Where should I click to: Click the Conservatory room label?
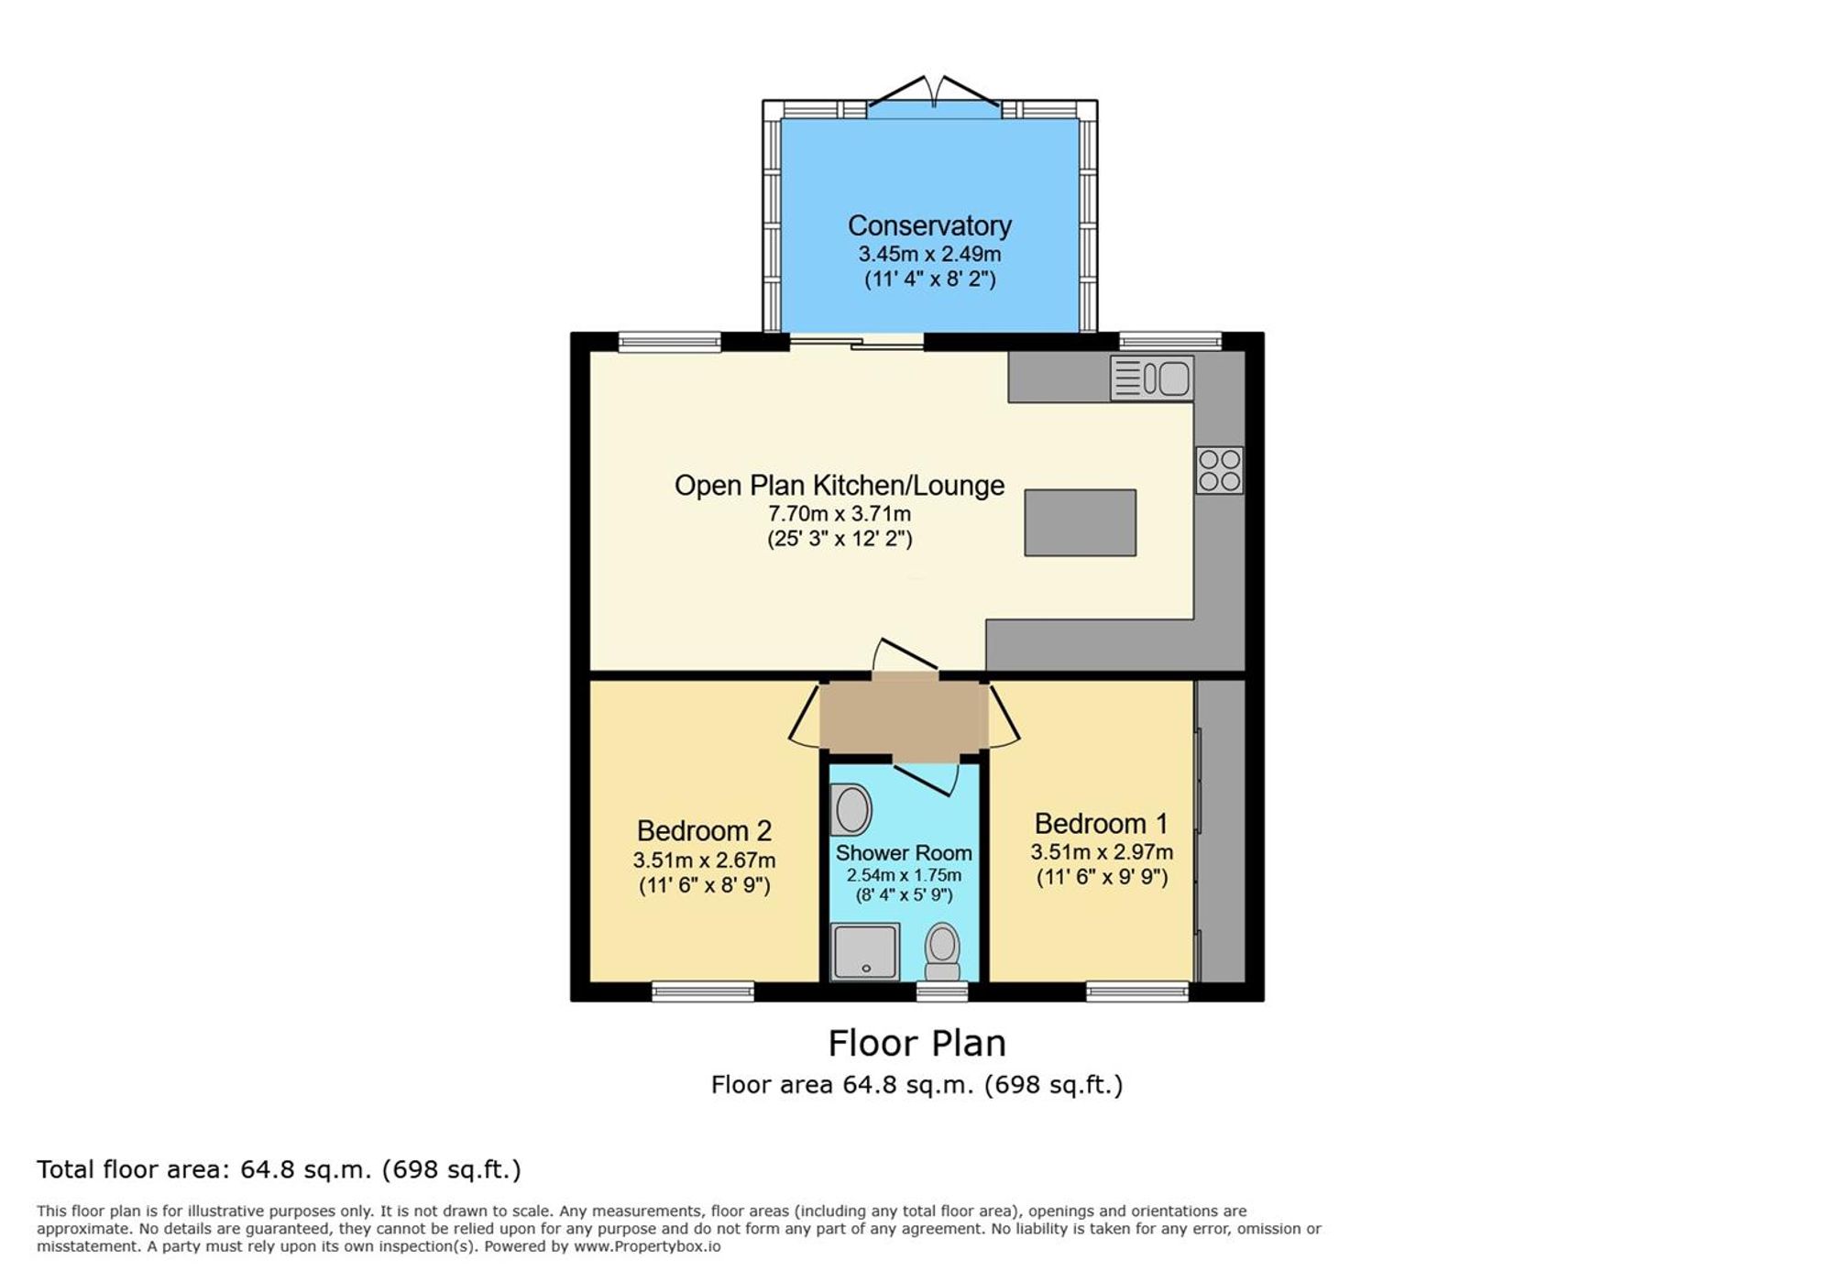click(x=929, y=225)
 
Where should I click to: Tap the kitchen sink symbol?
click(x=1151, y=378)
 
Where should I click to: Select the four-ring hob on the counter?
click(x=1219, y=470)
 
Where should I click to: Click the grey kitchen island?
click(x=1080, y=522)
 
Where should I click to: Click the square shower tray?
click(x=864, y=951)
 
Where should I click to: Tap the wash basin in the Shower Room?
click(x=852, y=810)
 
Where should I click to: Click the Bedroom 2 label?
click(x=704, y=831)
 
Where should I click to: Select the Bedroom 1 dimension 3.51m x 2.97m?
click(x=1102, y=852)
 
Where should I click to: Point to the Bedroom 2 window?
click(x=703, y=992)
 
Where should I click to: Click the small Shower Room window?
click(x=942, y=992)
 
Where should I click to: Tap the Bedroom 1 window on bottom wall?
click(x=1137, y=992)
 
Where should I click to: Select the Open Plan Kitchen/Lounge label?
click(x=840, y=486)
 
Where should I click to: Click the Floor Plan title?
click(x=916, y=1044)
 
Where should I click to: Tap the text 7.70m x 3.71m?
click(x=840, y=514)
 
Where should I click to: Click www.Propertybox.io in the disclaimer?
click(x=647, y=1246)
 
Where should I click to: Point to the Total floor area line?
click(x=279, y=1170)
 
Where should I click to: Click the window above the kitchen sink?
click(x=1170, y=342)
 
